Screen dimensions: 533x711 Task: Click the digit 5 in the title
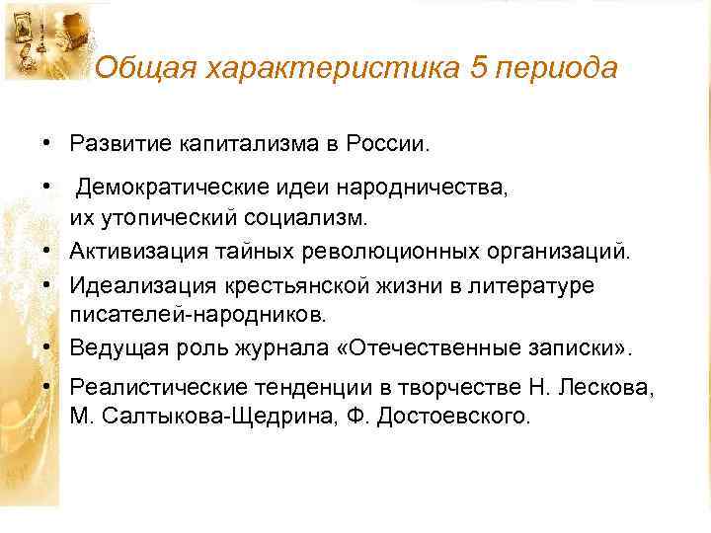485,68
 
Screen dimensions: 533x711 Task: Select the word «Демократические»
174,188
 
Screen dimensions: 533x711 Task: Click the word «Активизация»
137,251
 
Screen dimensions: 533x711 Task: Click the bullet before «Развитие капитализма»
46,144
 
